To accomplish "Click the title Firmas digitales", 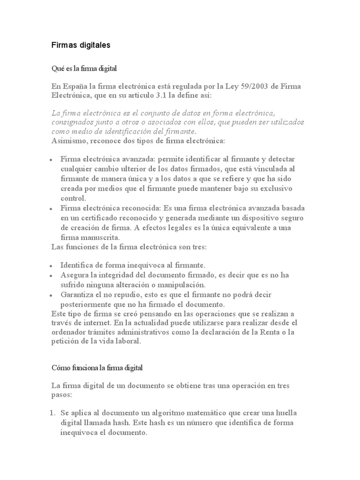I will click(x=81, y=45).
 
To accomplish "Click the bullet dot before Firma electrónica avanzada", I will click(x=51, y=160).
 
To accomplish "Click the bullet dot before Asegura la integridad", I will click(x=51, y=276).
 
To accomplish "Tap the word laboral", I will click(x=127, y=341).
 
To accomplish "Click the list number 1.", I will click(x=53, y=413).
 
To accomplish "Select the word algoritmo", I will click(x=174, y=413).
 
